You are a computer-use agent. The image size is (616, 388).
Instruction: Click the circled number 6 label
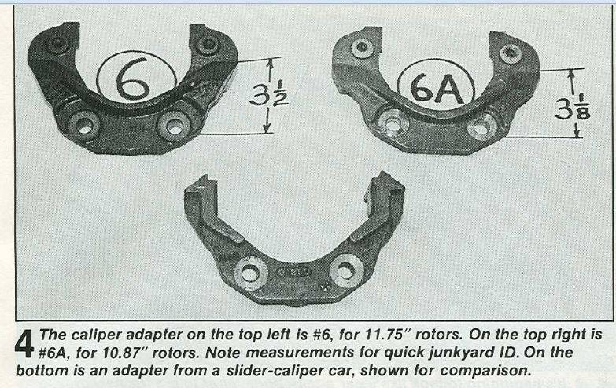click(x=136, y=77)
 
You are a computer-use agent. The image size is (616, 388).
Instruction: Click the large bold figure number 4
click(x=26, y=344)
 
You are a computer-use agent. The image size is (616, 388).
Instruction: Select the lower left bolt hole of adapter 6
click(x=83, y=126)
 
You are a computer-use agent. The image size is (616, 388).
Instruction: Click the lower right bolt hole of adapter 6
click(x=173, y=126)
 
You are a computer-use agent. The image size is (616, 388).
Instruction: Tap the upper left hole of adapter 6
click(x=58, y=44)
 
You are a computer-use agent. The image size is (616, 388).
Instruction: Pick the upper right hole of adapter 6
click(x=205, y=43)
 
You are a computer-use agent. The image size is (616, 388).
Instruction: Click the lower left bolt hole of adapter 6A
click(x=391, y=123)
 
